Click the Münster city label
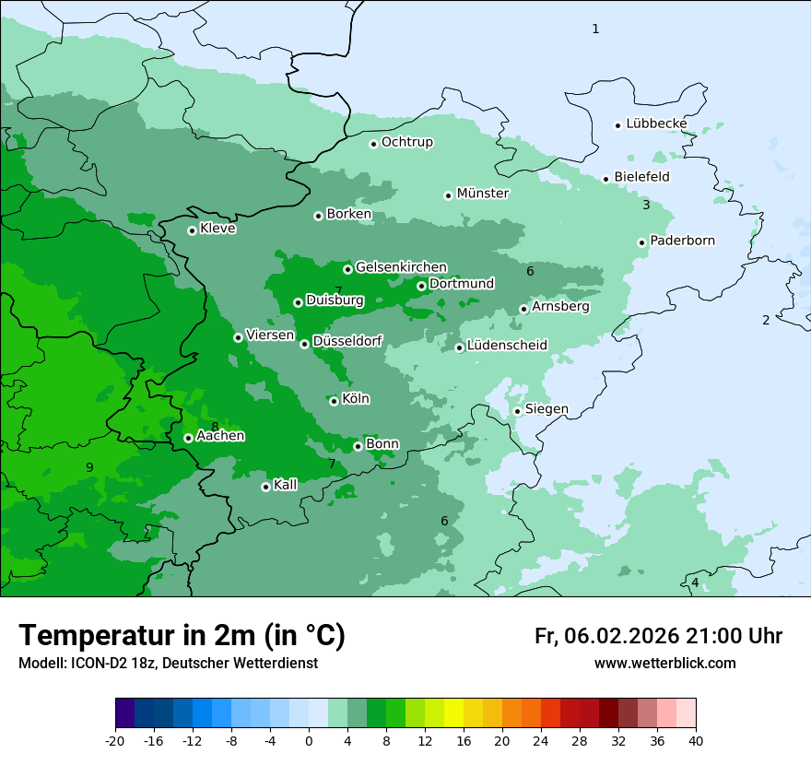coord(482,194)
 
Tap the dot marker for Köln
coord(334,401)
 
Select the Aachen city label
coord(220,436)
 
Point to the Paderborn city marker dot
coord(641,242)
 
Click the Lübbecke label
coord(656,124)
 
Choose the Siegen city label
coord(547,409)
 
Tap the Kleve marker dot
coord(192,230)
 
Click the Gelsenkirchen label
coord(401,267)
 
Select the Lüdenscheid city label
coord(507,346)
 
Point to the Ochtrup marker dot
coord(373,144)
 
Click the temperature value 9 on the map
coord(89,467)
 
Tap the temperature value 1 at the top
coord(595,29)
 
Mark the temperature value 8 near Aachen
coord(215,427)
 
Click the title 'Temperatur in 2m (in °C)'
coord(182,636)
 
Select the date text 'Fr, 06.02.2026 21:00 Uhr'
coord(658,636)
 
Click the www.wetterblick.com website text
coord(664,664)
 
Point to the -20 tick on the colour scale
coord(115,741)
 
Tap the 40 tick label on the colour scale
coord(696,741)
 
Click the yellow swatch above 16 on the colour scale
coord(453,713)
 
